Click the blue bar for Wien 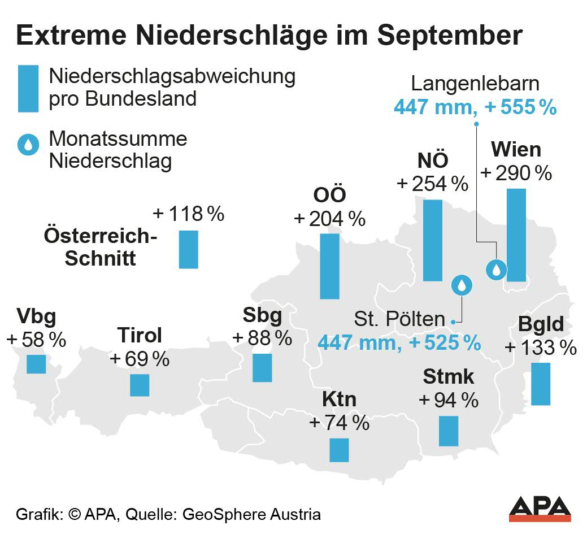point(516,235)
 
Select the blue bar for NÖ point(433,240)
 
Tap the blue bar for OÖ point(329,266)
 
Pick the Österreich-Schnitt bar point(189,249)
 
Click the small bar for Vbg point(36,364)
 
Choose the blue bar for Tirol point(140,385)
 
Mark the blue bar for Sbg point(262,367)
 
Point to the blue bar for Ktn point(339,450)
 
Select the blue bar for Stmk point(449,431)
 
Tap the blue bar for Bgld point(541,384)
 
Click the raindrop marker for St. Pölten point(462,285)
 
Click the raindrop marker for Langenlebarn point(497,269)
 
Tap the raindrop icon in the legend point(27,145)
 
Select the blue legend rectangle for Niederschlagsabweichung point(28,88)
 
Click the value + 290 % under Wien point(516,173)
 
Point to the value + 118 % point(189,214)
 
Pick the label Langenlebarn point(475,84)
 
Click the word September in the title point(450,36)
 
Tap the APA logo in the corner point(540,509)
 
